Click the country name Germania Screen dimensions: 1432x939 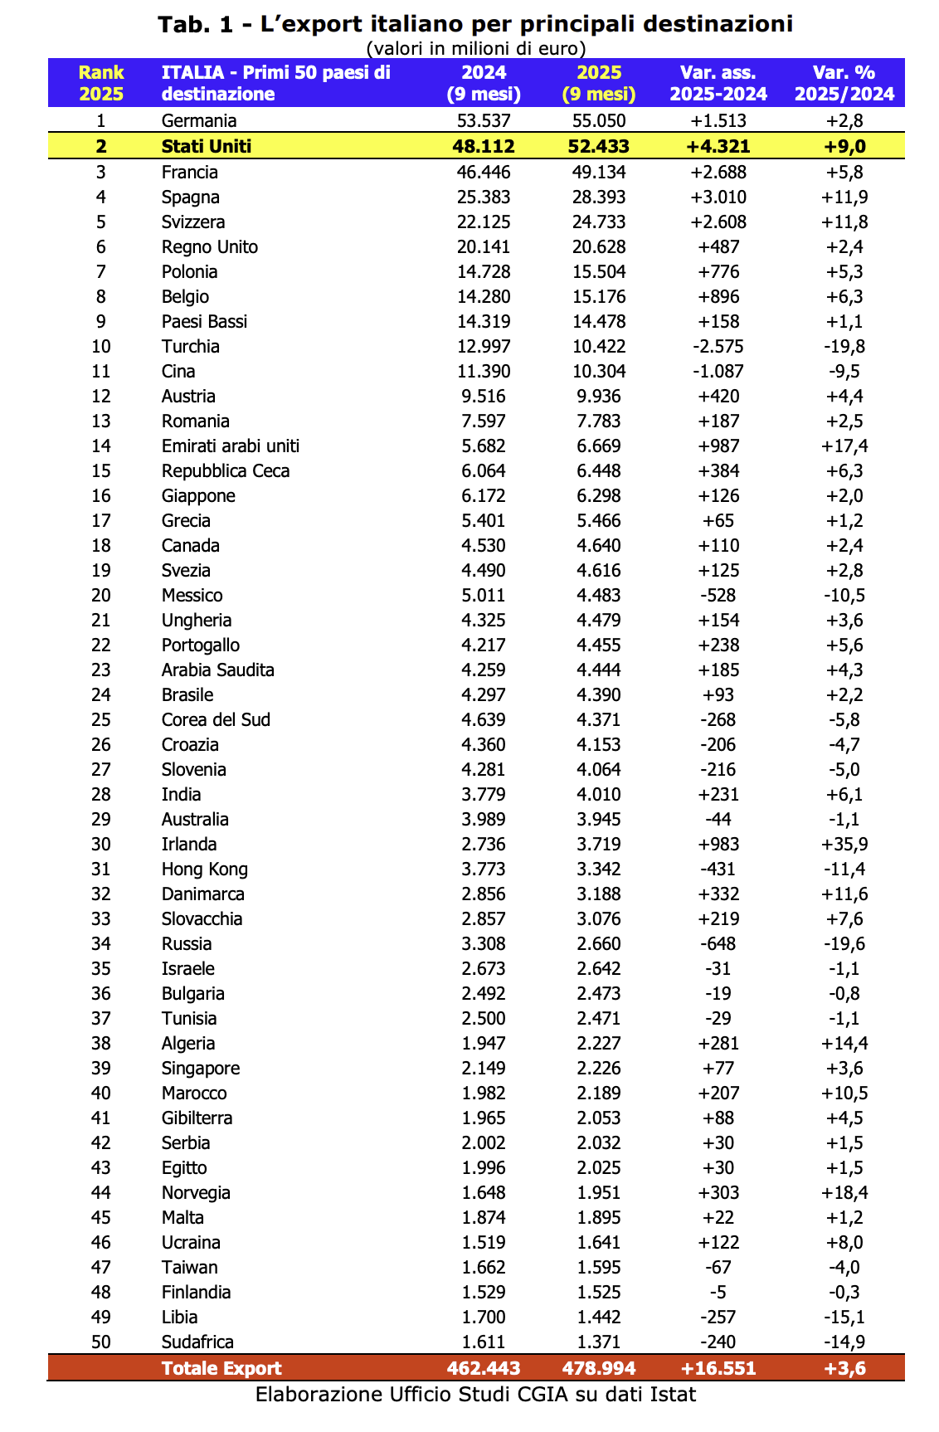pos(199,121)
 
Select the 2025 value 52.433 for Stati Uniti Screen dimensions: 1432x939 pos(599,147)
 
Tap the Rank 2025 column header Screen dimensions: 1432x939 pos(101,83)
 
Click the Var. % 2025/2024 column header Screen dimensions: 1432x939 pos(844,83)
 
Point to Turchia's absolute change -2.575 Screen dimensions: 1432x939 pos(718,347)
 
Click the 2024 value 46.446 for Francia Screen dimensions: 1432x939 pos(484,173)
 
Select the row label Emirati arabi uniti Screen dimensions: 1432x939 pos(231,446)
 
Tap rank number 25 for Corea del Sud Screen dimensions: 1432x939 pos(101,720)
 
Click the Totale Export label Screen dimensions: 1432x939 pos(221,1368)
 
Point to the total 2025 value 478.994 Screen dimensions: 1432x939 pos(599,1368)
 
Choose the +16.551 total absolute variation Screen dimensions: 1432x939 pos(718,1368)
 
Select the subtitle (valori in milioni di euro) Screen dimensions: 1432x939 pos(476,48)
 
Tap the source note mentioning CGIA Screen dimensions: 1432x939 pos(475,1395)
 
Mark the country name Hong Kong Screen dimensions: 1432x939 pos(205,869)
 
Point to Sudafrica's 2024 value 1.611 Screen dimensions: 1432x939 pos(484,1342)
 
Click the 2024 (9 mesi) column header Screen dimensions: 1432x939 pos(484,83)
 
